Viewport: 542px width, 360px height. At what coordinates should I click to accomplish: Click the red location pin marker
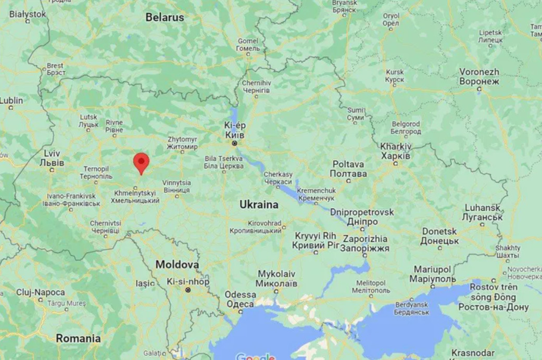(141, 163)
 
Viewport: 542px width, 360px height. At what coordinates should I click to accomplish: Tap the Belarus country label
(165, 17)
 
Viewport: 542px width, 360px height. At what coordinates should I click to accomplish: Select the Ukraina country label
(259, 205)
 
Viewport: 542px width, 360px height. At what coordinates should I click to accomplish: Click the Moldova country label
(177, 265)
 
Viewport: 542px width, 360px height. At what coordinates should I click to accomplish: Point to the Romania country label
(78, 339)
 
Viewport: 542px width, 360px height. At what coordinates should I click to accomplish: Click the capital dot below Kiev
(235, 143)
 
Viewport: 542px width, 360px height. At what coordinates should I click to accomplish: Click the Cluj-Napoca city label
(41, 293)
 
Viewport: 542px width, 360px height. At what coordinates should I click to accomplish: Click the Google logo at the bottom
(255, 357)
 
